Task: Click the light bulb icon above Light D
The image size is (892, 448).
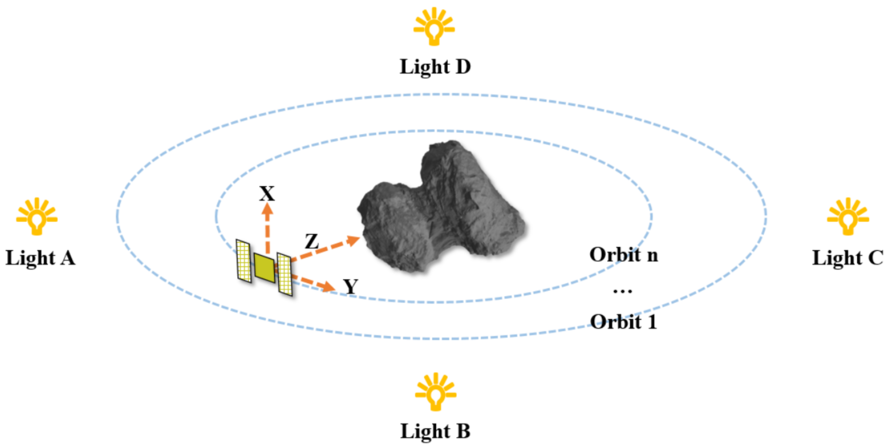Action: (x=434, y=28)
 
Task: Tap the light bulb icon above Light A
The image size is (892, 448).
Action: (x=37, y=218)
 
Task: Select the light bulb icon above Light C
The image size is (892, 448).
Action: (x=848, y=218)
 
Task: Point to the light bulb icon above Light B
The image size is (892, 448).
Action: (x=436, y=393)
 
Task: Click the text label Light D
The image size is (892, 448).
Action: (x=435, y=67)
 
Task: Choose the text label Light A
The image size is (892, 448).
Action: (x=40, y=258)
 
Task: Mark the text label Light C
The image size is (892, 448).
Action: (x=847, y=258)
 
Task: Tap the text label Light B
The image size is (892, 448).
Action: (x=435, y=431)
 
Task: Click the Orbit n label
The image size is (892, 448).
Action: (x=623, y=255)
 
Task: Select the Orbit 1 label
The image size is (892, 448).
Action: (x=623, y=322)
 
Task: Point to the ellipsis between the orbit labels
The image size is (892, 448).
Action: (x=622, y=291)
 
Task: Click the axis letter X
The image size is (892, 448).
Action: (x=267, y=194)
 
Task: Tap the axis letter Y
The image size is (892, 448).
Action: (x=350, y=286)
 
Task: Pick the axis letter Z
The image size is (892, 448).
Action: (x=312, y=241)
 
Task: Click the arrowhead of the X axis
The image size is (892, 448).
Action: (x=267, y=210)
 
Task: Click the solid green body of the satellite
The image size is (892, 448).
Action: (x=265, y=267)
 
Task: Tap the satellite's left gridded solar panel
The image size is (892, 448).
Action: (x=244, y=261)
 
